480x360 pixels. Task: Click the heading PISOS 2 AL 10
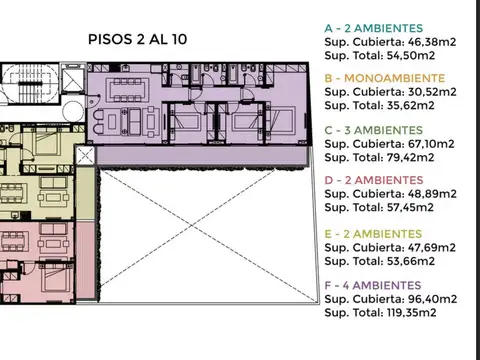(x=137, y=39)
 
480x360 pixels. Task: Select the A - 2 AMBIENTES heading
(x=374, y=28)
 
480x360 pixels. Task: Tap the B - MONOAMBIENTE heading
(x=385, y=78)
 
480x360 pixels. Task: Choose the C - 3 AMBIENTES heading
(x=374, y=130)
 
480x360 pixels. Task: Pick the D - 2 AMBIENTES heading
(x=374, y=180)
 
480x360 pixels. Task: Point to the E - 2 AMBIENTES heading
(x=373, y=234)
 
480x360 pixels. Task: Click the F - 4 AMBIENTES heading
(x=373, y=286)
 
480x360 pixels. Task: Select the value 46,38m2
(x=432, y=42)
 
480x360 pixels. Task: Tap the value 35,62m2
(x=411, y=106)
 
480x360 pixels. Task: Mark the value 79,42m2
(x=411, y=157)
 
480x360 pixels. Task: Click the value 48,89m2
(x=432, y=194)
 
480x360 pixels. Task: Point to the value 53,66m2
(x=411, y=261)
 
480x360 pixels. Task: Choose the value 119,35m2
(x=412, y=313)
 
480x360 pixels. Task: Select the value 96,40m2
(x=432, y=299)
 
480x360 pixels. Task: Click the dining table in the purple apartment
(x=128, y=90)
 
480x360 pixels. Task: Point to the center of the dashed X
(x=192, y=226)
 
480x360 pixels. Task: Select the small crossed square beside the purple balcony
(x=85, y=155)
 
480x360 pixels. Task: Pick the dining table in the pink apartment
(x=13, y=241)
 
